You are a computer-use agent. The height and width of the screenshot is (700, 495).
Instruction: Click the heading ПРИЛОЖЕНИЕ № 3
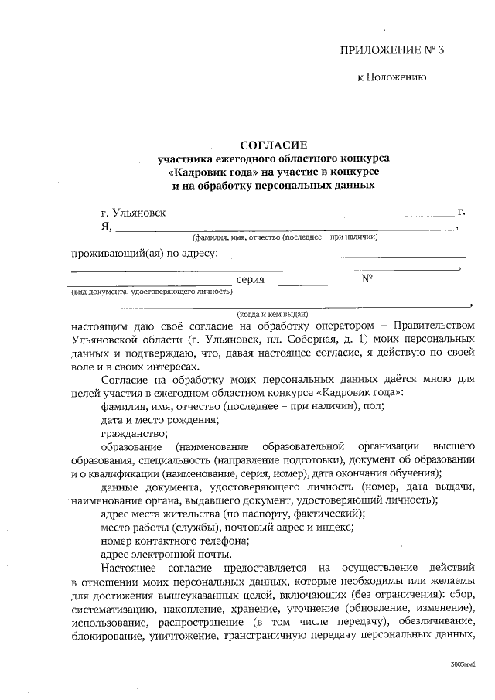(393, 52)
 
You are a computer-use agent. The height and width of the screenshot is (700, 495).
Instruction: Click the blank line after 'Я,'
(286, 228)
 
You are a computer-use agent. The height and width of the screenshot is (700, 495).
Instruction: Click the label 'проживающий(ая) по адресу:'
(145, 252)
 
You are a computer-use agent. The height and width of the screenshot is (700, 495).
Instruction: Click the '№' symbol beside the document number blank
(367, 279)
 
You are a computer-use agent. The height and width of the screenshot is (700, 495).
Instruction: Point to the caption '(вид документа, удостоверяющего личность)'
(152, 292)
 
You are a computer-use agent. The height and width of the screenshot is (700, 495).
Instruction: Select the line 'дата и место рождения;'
(159, 419)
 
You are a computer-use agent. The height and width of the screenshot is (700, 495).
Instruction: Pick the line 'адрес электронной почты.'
(166, 555)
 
